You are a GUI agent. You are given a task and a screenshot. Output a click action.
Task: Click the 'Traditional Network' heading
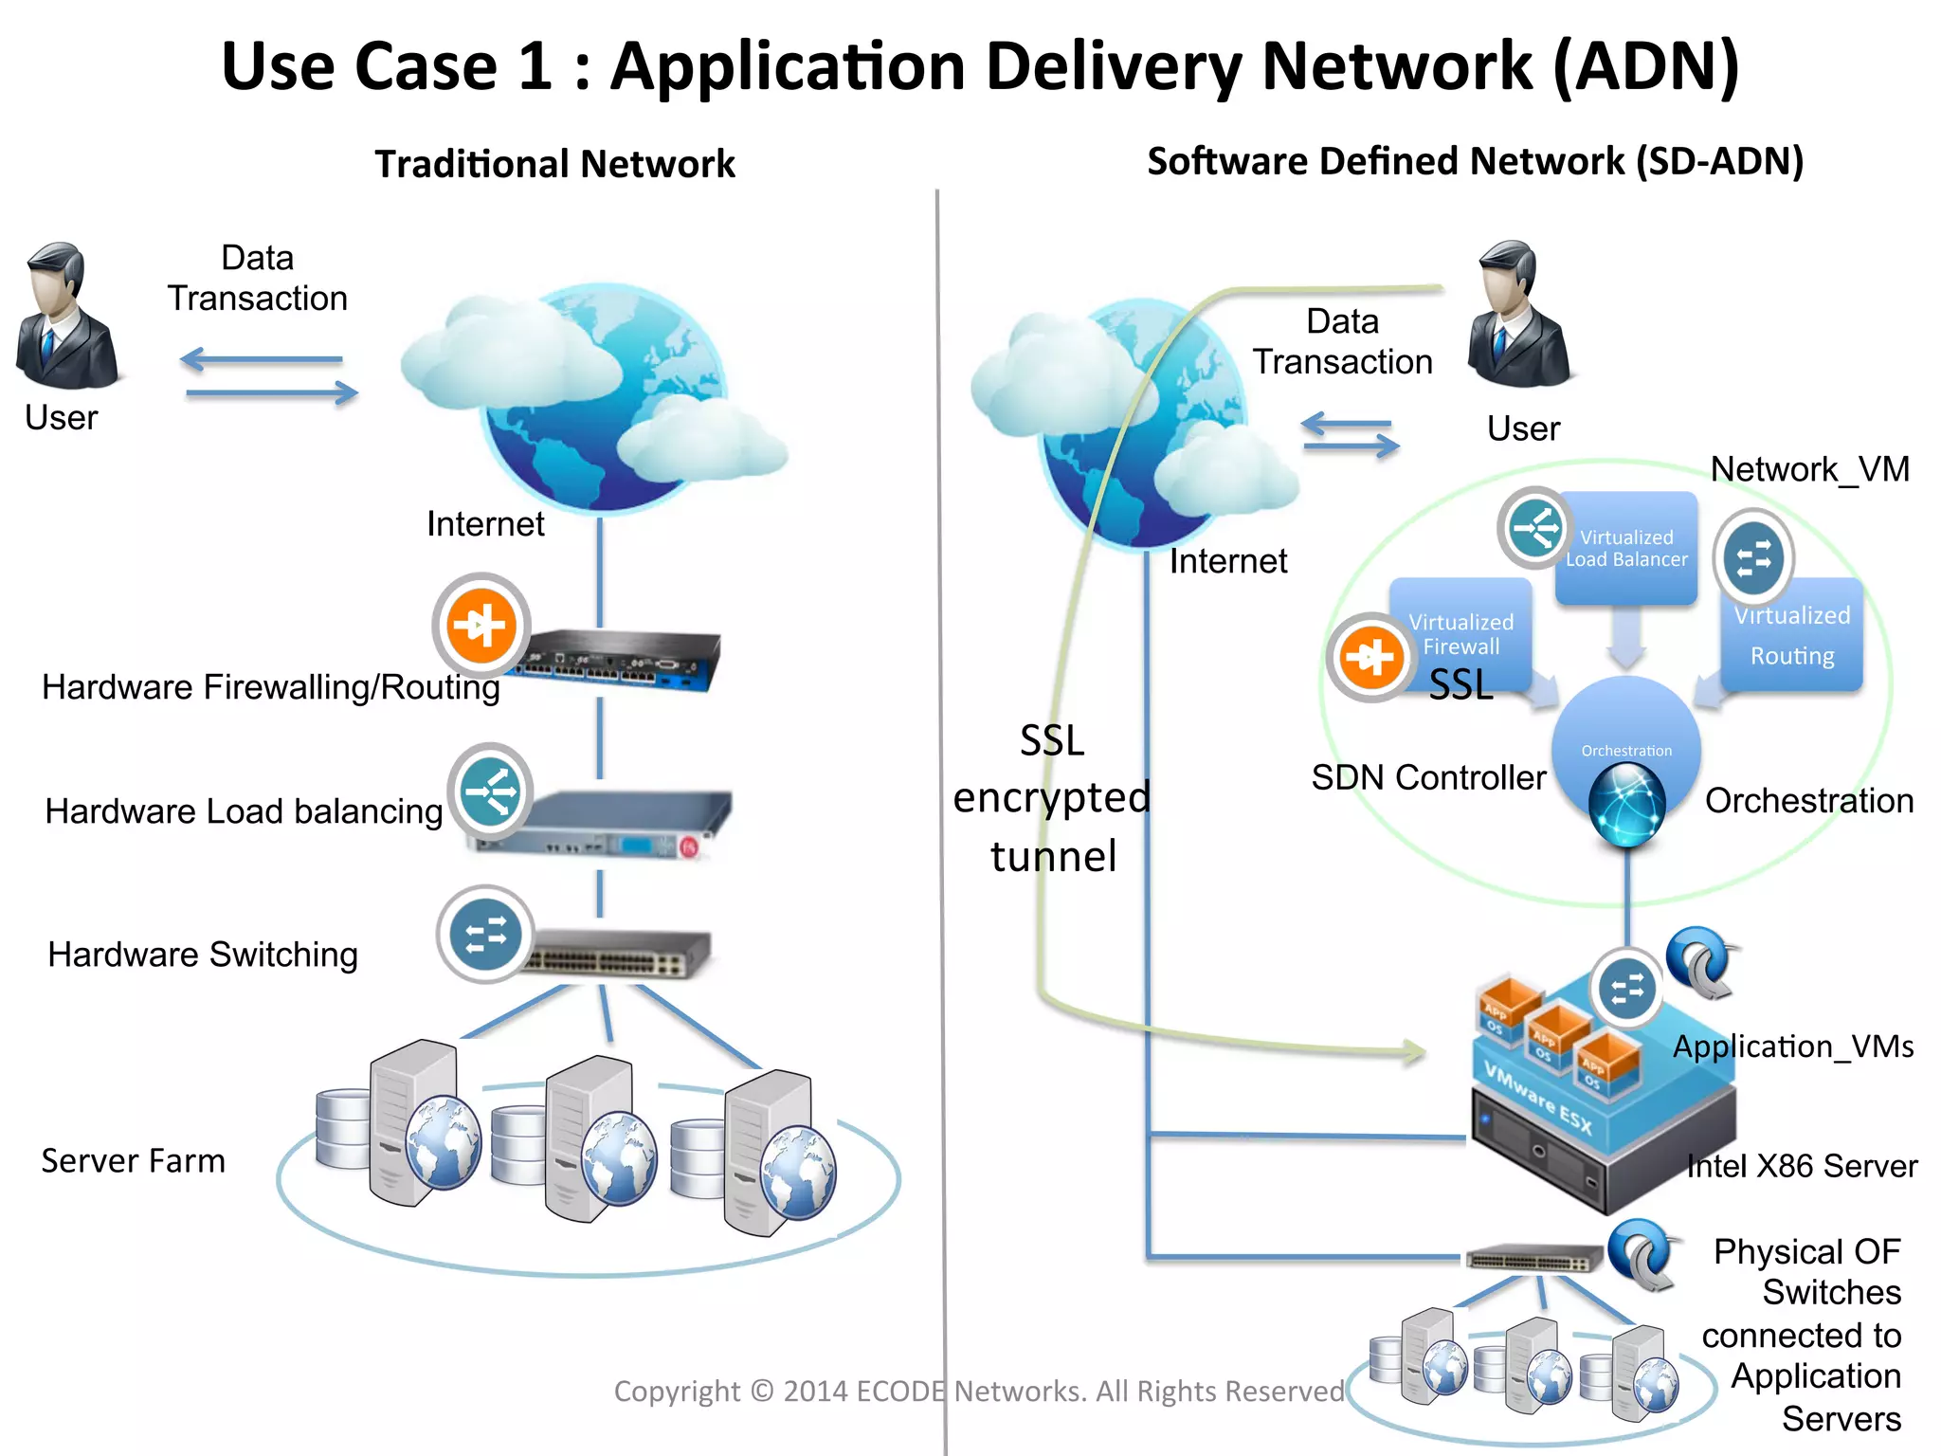554,164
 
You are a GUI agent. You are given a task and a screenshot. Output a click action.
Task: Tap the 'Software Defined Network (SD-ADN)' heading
1475,161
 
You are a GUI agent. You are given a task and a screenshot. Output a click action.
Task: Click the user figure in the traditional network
65,318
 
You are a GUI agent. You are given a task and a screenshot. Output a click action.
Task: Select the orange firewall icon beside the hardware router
481,625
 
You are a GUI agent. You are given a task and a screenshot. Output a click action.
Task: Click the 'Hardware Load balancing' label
244,811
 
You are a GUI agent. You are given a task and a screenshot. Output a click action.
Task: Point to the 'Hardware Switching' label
203,955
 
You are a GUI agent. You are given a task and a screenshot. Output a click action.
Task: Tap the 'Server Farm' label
133,1161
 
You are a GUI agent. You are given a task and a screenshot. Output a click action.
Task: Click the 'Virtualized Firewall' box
1460,633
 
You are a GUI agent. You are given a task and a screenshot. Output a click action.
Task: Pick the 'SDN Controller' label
1428,777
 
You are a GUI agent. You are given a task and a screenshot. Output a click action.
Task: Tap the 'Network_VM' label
1809,469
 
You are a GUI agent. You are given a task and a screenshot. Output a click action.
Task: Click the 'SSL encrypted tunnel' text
1052,798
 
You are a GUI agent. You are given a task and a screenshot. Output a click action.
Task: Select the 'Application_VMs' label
1792,1046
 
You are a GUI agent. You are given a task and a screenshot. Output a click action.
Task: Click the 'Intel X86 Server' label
1802,1166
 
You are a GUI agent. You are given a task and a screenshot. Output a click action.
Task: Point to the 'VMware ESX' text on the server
1537,1098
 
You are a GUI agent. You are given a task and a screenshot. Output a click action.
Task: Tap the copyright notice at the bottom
978,1391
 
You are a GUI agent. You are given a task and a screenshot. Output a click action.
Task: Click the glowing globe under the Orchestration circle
1626,805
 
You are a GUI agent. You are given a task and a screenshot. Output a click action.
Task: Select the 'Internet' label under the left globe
485,524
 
